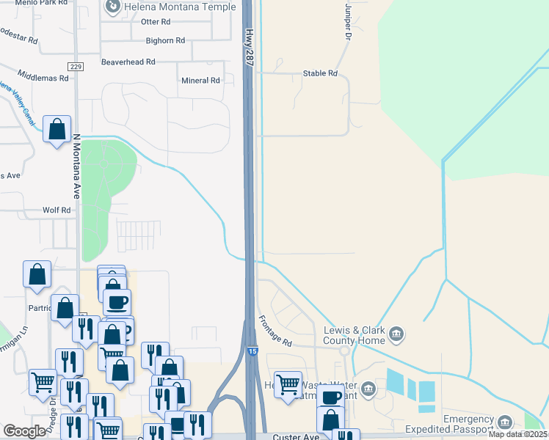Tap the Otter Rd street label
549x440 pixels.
155,22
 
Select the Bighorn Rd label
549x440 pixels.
165,41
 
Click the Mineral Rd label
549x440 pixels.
200,81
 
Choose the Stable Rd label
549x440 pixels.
320,73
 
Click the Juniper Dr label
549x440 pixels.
347,21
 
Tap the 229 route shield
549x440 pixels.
76,67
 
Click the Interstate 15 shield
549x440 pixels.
252,353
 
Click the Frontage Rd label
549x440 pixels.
275,331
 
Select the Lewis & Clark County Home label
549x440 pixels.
355,335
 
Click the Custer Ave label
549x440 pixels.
297,436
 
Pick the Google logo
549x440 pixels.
24,431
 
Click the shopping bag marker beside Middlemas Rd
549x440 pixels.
57,130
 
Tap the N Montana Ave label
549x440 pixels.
76,166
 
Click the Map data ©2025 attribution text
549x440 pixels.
517,434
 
